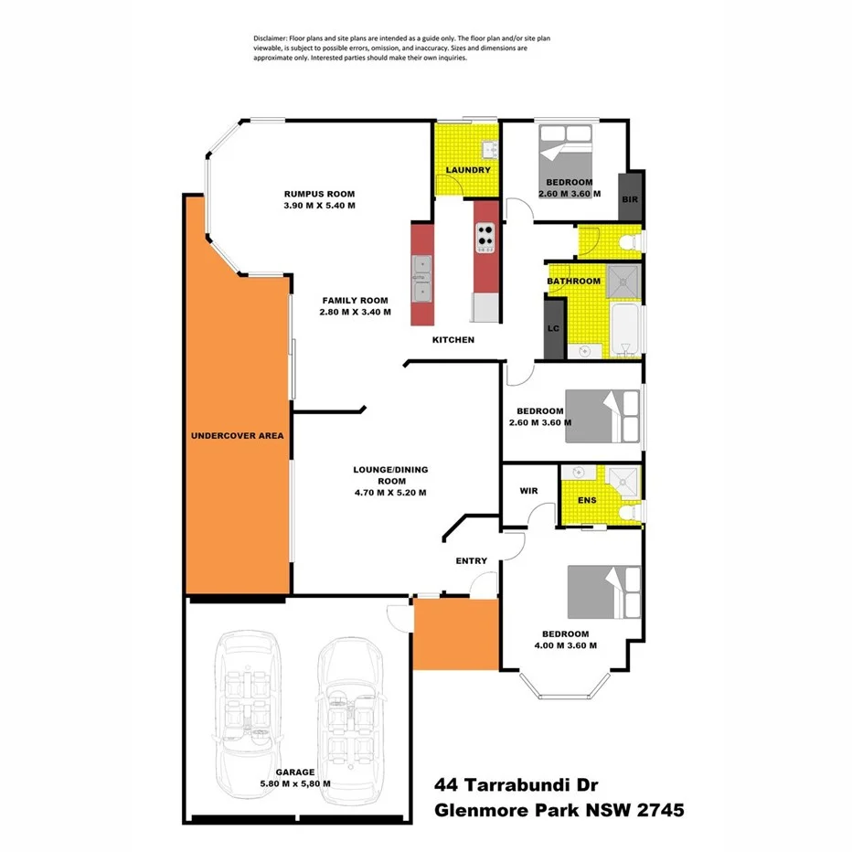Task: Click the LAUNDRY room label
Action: click(468, 170)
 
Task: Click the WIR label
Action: click(527, 491)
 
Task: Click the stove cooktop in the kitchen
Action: click(485, 236)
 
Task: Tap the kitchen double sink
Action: click(422, 278)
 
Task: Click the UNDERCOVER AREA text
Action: click(237, 435)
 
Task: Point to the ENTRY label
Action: click(472, 560)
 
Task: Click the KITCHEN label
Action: click(453, 340)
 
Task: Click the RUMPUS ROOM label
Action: click(318, 194)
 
